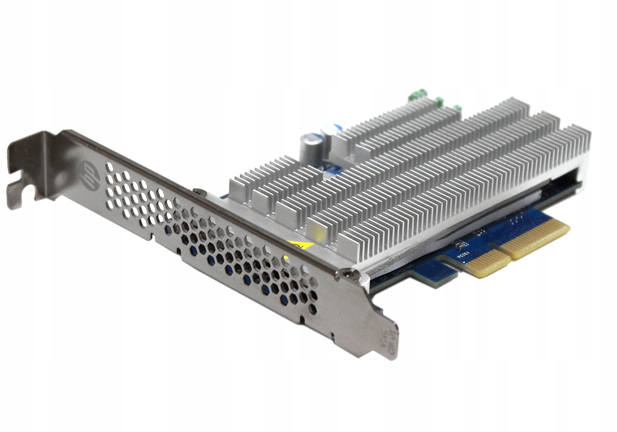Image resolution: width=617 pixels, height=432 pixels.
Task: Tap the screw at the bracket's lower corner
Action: click(350, 272)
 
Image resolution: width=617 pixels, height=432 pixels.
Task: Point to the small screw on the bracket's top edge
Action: click(196, 192)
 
